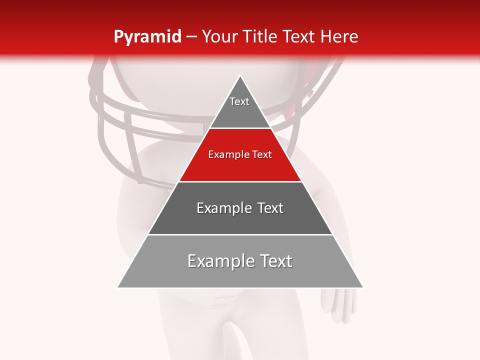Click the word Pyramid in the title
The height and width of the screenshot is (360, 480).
pyautogui.click(x=147, y=37)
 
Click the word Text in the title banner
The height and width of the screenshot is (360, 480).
pyautogui.click(x=299, y=36)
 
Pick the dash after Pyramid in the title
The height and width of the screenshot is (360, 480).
pyautogui.click(x=191, y=37)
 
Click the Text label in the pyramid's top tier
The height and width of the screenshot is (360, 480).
pyautogui.click(x=239, y=101)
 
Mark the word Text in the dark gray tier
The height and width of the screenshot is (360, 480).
pyautogui.click(x=270, y=208)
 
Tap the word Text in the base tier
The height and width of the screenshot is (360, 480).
pyautogui.click(x=276, y=261)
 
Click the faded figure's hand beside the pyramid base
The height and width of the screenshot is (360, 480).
pyautogui.click(x=338, y=305)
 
